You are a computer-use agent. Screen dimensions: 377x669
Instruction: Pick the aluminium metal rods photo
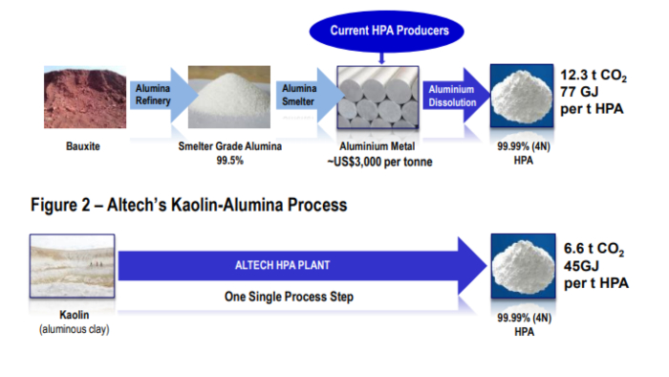[380, 100]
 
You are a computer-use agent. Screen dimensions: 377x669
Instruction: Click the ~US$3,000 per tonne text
[379, 162]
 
